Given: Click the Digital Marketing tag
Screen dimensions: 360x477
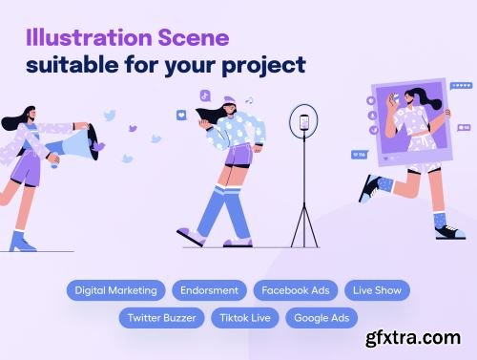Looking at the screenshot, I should click(x=116, y=290).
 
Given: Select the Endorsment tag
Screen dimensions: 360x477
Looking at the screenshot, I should click(x=209, y=290).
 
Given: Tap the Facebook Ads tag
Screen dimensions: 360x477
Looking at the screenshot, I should click(x=296, y=290).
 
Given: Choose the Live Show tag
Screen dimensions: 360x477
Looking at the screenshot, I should click(x=378, y=290).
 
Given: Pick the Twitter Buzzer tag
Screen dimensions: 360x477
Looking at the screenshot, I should click(x=161, y=318).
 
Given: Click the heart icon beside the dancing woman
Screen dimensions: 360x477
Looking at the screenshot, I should click(x=180, y=115).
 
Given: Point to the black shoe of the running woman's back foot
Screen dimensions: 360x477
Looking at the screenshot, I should click(x=367, y=189).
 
